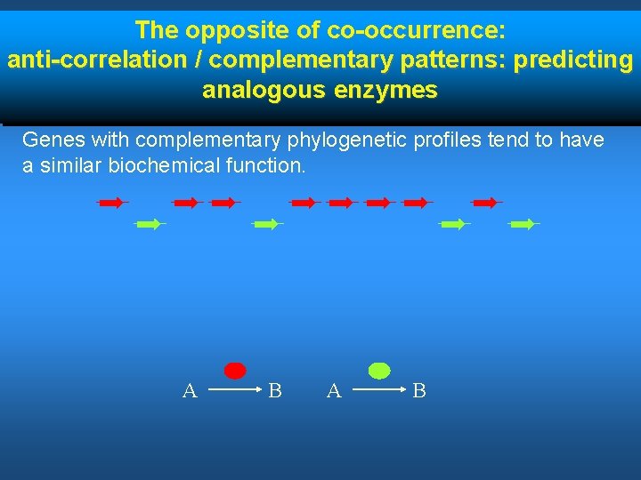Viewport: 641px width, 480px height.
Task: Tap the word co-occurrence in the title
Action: point(418,30)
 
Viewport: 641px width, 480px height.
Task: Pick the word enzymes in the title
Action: point(390,90)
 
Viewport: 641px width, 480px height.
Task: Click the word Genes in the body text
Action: point(47,140)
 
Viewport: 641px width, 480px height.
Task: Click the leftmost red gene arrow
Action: point(112,203)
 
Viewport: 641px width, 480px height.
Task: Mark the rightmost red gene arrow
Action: point(486,203)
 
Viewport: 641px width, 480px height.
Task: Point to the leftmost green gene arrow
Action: point(150,225)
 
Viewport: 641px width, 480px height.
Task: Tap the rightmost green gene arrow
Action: point(523,225)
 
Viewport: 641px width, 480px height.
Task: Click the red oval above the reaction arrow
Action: point(234,371)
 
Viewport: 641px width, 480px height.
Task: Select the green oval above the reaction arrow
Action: point(379,371)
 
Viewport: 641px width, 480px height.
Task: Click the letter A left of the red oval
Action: point(189,390)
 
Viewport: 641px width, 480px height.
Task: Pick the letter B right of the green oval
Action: point(419,390)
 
